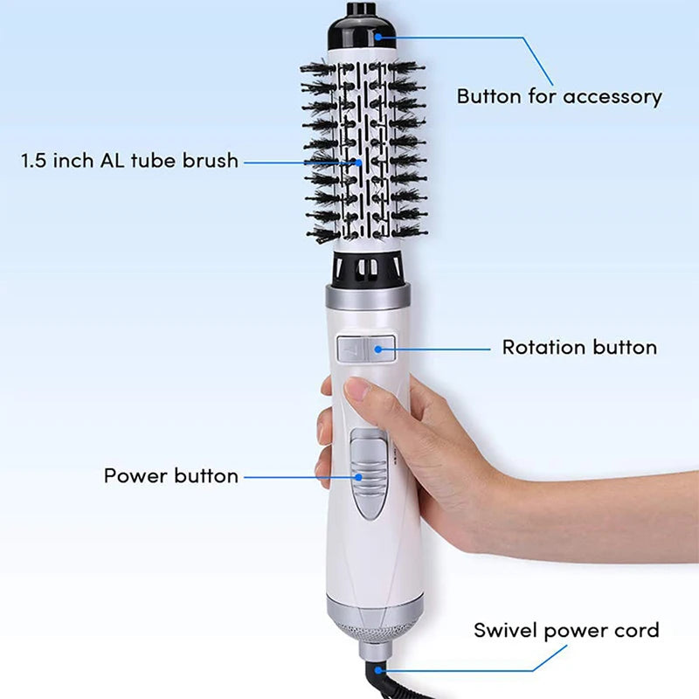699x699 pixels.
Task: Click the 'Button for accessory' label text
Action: pyautogui.click(x=559, y=96)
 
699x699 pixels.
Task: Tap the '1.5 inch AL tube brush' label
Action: pyautogui.click(x=129, y=162)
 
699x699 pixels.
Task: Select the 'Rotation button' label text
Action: pyautogui.click(x=578, y=347)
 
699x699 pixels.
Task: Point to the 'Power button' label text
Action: pyautogui.click(x=171, y=476)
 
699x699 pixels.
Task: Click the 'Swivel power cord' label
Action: pyautogui.click(x=566, y=630)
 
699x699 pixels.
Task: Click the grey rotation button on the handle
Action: pyautogui.click(x=365, y=348)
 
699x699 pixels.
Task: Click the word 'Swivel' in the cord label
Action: pyautogui.click(x=503, y=630)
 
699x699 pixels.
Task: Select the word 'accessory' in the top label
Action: pyautogui.click(x=612, y=96)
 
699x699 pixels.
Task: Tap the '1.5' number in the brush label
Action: pyautogui.click(x=35, y=162)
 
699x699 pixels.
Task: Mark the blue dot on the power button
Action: pyautogui.click(x=358, y=476)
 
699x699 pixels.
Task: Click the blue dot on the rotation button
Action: pyautogui.click(x=378, y=348)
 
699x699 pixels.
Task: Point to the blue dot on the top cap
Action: pyautogui.click(x=377, y=36)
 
